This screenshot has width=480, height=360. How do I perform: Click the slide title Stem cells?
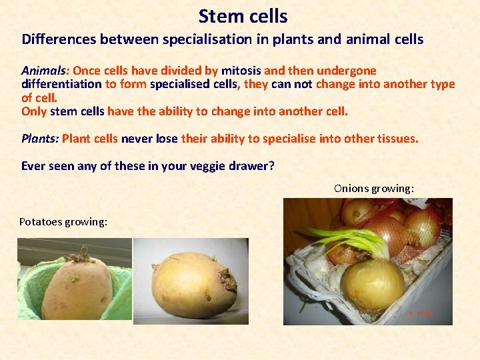[243, 15]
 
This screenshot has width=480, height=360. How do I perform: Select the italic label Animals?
[45, 71]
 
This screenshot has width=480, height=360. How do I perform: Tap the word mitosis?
[241, 71]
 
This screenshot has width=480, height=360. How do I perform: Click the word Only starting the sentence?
[35, 111]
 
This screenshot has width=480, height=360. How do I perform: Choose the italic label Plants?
[40, 139]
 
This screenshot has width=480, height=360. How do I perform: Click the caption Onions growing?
[374, 189]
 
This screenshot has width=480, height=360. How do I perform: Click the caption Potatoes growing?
[63, 221]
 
